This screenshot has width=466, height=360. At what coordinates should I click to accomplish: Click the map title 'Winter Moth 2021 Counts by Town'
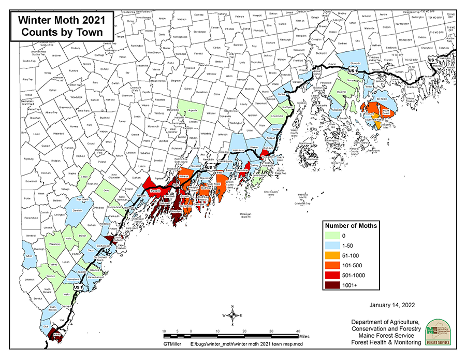point(62,25)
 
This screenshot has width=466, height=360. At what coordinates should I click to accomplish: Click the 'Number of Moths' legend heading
point(351,225)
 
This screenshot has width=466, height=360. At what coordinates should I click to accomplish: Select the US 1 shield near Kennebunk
point(78,286)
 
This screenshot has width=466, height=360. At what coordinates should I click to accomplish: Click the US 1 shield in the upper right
point(433,61)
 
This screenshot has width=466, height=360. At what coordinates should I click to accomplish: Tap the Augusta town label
point(193,111)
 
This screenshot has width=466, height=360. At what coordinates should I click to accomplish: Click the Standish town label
point(78,211)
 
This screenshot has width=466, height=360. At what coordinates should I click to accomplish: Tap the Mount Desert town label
point(385,111)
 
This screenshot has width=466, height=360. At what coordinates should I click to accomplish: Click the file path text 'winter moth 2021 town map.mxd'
point(236,344)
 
